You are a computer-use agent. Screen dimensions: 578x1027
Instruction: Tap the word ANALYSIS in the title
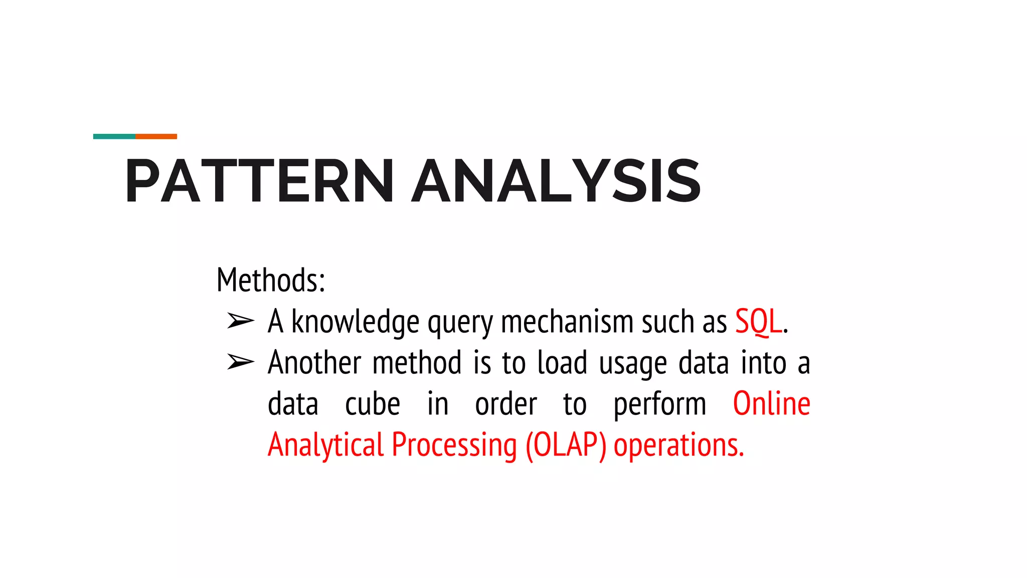click(x=556, y=181)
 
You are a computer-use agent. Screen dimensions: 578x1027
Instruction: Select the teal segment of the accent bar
click(x=114, y=136)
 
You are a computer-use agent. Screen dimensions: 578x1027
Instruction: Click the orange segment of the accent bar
click(x=156, y=136)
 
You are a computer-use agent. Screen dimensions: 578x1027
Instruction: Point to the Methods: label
click(x=271, y=280)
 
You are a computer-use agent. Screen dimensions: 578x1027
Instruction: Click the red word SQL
click(x=758, y=321)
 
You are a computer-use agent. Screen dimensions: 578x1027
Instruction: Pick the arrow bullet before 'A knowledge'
click(x=240, y=321)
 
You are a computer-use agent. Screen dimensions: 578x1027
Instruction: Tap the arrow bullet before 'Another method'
click(x=240, y=362)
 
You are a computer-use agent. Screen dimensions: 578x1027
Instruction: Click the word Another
click(x=314, y=362)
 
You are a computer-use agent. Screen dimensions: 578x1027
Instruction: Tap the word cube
click(x=373, y=404)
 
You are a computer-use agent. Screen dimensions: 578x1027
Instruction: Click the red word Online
click(x=771, y=403)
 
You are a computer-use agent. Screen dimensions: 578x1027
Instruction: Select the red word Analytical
click(x=325, y=446)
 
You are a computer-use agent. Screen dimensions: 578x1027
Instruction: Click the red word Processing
click(x=454, y=446)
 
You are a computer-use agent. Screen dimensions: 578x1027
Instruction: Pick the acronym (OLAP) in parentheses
click(x=566, y=446)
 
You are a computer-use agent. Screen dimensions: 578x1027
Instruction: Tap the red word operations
click(x=678, y=446)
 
